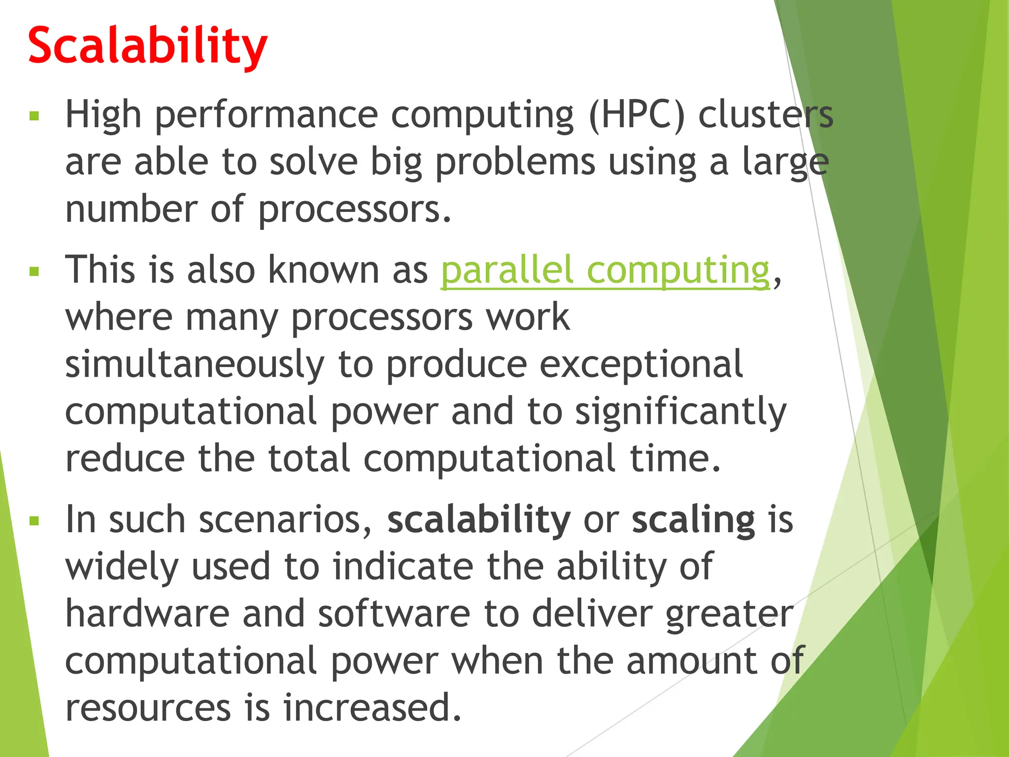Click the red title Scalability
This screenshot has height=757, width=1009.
click(x=148, y=45)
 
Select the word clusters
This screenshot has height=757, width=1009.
click(x=766, y=115)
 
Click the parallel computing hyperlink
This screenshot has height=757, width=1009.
click(x=605, y=270)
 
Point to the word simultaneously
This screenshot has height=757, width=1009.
click(x=195, y=365)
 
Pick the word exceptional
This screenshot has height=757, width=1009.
click(x=641, y=365)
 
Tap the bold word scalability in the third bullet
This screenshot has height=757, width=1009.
click(x=479, y=519)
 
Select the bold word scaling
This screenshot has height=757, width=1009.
click(x=693, y=520)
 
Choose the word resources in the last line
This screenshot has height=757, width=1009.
click(x=148, y=708)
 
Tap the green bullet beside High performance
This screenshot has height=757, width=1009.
click(x=34, y=116)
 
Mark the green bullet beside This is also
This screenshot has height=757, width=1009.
click(x=34, y=272)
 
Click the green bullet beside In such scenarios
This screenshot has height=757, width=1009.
click(x=34, y=521)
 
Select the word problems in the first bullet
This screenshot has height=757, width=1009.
click(x=515, y=163)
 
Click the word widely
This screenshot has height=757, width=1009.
click(x=122, y=567)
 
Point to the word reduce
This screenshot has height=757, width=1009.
click(x=125, y=459)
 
